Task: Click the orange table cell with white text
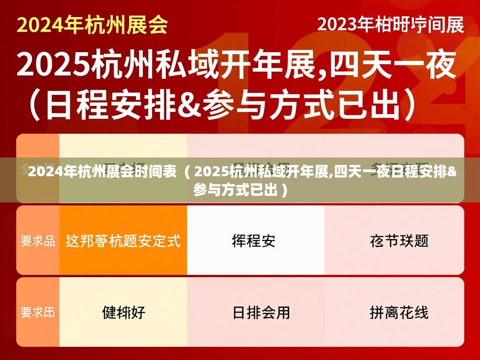click(x=123, y=240)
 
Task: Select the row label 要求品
click(x=38, y=240)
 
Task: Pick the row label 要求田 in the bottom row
click(x=38, y=312)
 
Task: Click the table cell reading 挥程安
click(x=253, y=240)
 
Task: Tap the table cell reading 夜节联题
click(x=399, y=240)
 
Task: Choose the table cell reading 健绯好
click(x=123, y=312)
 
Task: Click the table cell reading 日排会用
click(x=261, y=312)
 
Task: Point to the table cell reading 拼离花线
click(x=399, y=312)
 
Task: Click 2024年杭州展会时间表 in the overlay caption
click(x=102, y=172)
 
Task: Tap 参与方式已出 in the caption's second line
click(x=235, y=190)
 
